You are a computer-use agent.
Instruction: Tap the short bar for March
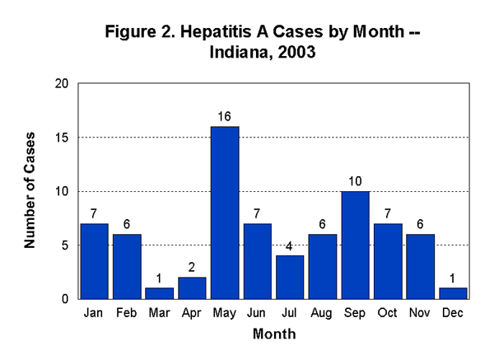161,293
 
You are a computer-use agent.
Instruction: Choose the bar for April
193,288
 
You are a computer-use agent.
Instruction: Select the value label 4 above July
289,246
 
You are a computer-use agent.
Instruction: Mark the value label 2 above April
193,268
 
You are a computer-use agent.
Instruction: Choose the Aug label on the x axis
321,314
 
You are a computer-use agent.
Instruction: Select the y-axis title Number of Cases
30,190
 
